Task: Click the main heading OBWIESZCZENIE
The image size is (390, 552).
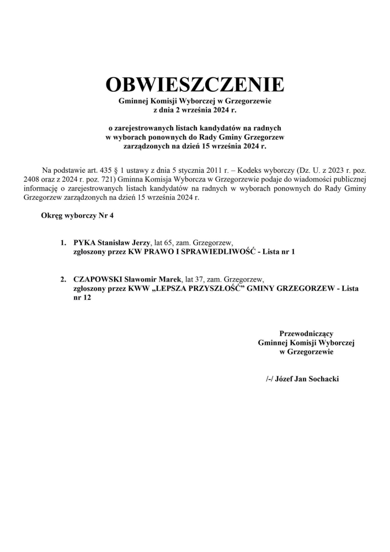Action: point(195,84)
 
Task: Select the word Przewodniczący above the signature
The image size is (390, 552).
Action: point(306,333)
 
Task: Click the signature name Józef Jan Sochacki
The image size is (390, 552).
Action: point(306,379)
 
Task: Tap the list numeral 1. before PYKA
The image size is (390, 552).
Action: point(63,242)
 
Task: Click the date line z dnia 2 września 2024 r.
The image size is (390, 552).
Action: point(195,110)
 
